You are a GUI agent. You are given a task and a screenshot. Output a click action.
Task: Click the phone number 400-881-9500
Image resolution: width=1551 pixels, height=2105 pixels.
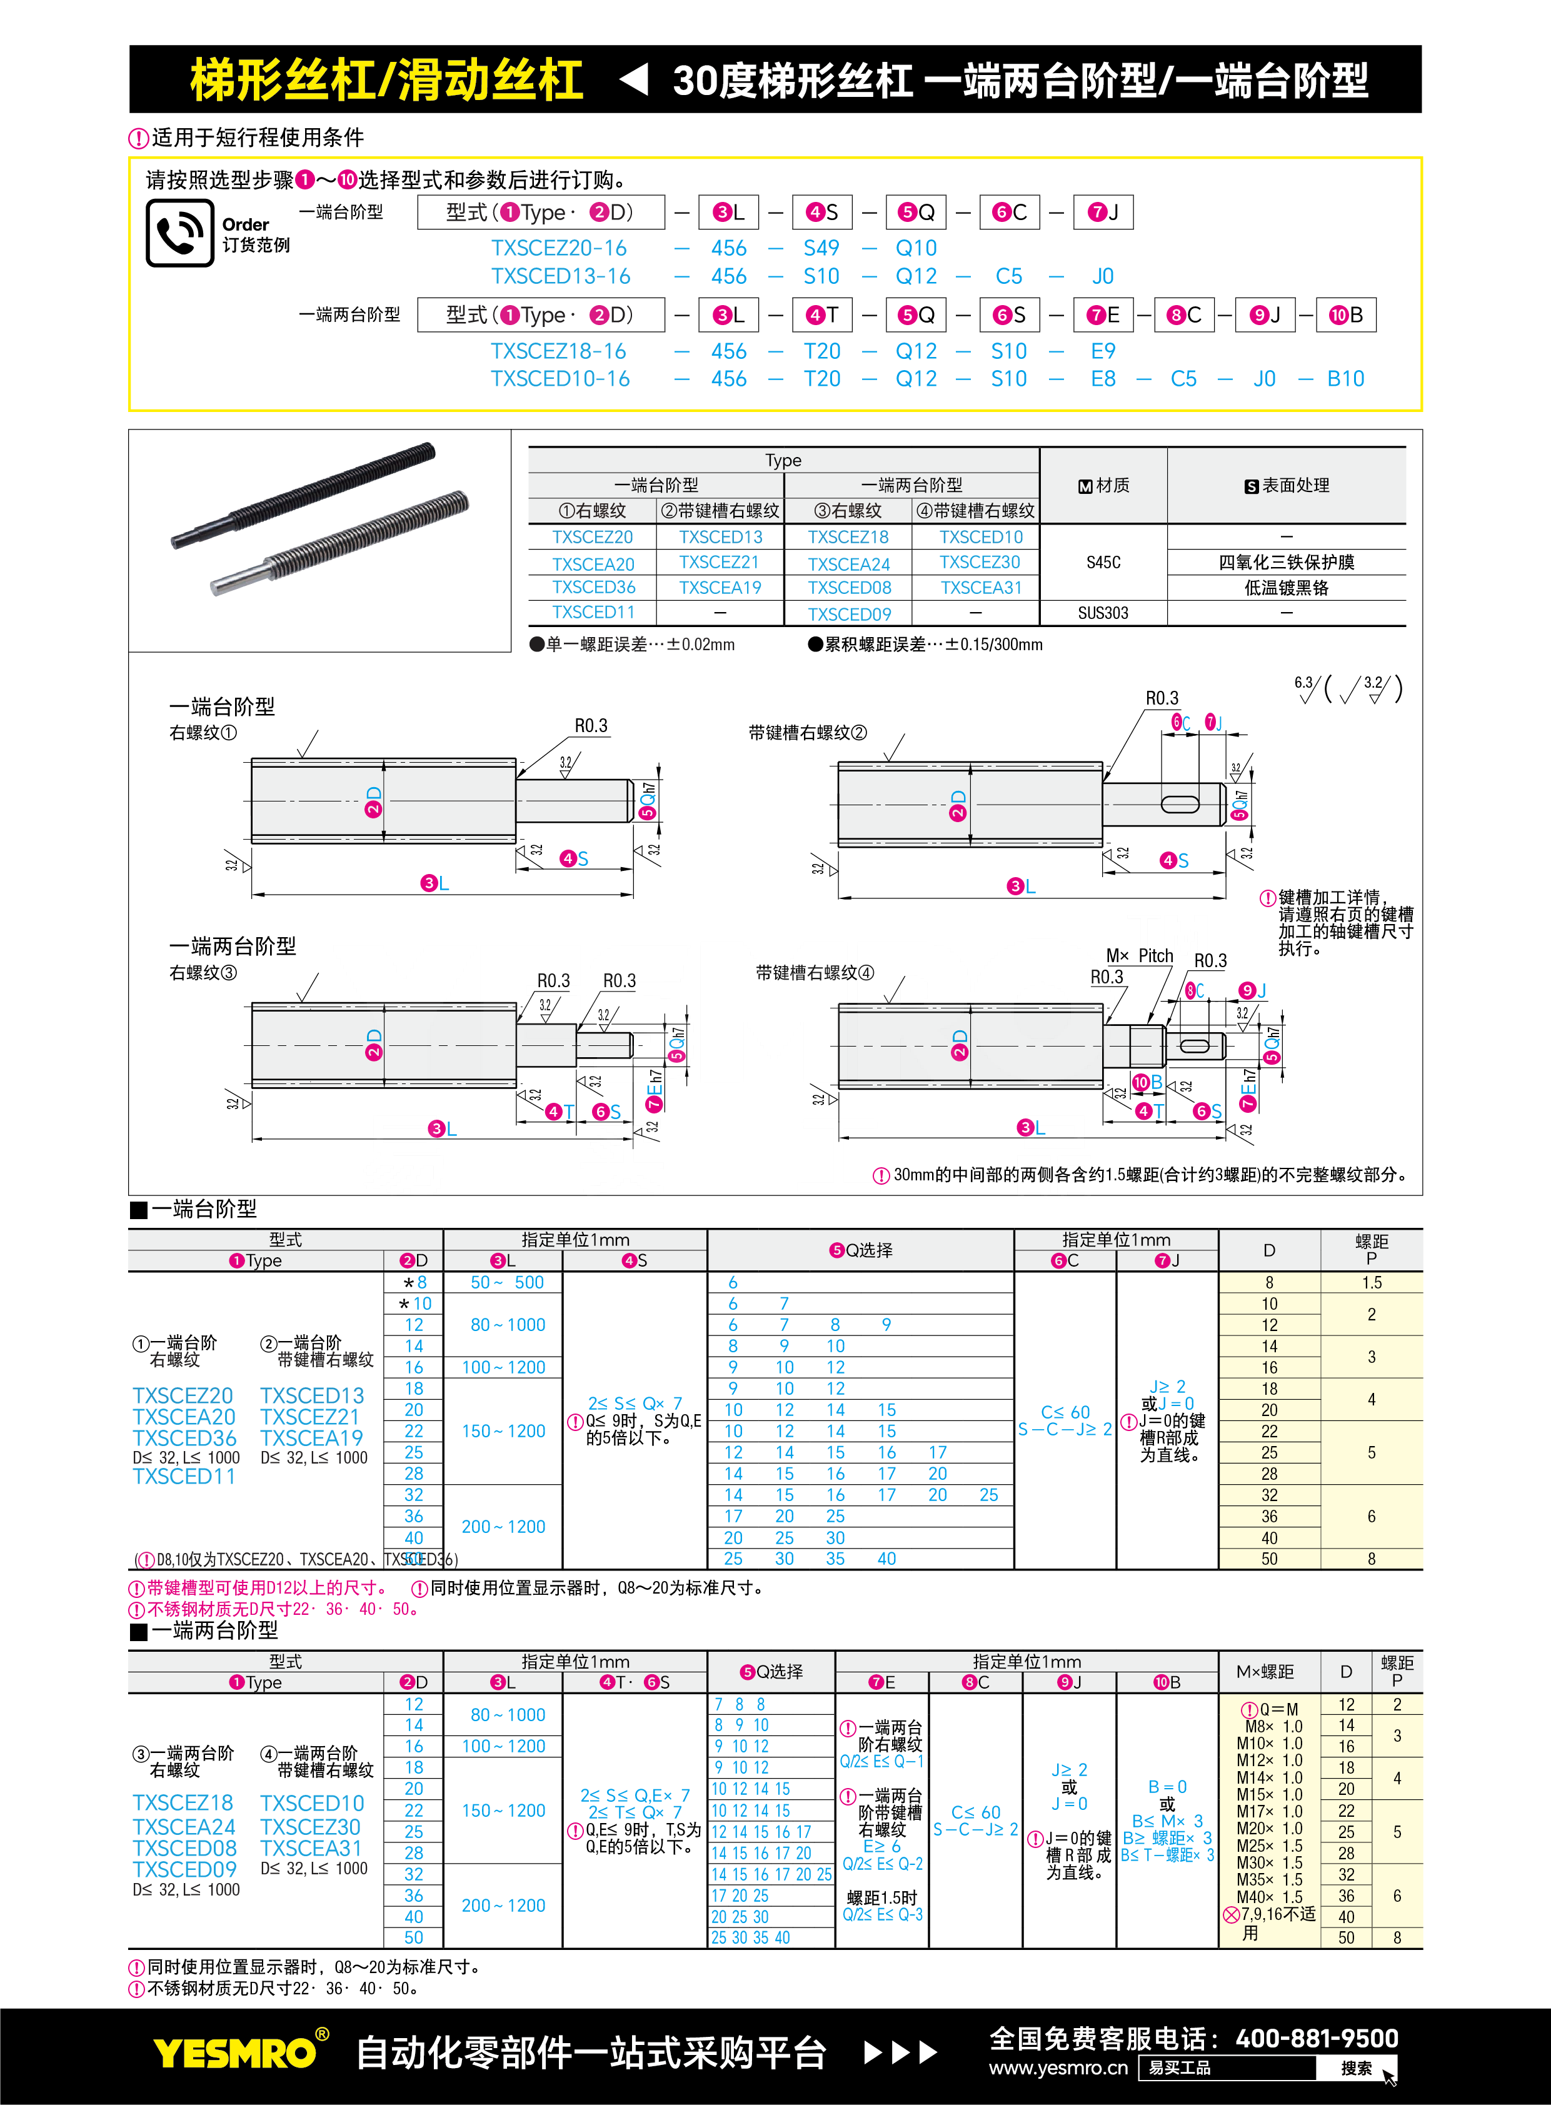click(x=1317, y=2038)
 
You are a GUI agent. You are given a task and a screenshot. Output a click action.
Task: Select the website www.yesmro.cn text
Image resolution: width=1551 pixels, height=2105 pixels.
click(x=1058, y=2067)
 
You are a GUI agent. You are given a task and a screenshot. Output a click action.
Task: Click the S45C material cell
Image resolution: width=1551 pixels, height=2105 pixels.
click(x=1103, y=563)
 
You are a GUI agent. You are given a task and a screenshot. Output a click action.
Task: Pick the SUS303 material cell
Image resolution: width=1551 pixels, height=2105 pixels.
click(x=1103, y=613)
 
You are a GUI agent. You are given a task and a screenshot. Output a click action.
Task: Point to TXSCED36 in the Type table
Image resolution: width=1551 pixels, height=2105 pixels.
click(x=593, y=587)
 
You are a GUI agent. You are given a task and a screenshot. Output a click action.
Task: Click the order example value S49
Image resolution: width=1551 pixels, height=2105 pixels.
click(x=821, y=248)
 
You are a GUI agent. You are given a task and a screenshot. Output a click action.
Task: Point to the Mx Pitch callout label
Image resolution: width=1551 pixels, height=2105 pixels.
click(x=1140, y=956)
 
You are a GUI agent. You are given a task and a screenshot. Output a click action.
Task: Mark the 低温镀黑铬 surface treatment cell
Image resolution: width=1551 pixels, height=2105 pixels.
click(x=1286, y=588)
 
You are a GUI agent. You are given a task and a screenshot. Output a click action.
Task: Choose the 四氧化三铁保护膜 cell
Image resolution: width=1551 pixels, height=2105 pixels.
click(x=1286, y=563)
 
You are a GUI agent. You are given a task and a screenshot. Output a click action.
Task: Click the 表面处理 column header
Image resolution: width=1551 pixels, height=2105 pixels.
click(x=1286, y=485)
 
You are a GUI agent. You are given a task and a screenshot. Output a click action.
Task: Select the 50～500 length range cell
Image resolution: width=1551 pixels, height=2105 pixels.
click(x=507, y=1282)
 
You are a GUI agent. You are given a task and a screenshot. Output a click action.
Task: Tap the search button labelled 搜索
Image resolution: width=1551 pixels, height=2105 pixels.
click(x=1357, y=2067)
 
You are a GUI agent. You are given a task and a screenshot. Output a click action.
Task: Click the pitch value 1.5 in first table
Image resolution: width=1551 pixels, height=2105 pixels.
click(x=1371, y=1282)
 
